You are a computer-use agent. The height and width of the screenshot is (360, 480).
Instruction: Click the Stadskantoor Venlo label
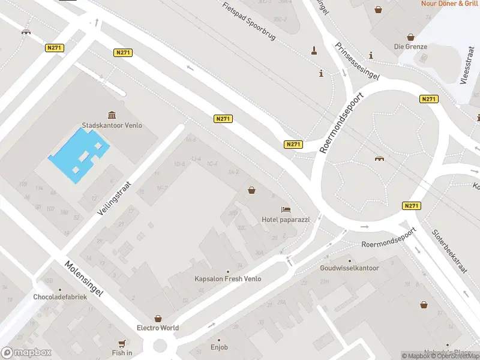pyautogui.click(x=112, y=126)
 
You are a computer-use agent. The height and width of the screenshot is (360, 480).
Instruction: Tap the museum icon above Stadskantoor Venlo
pyautogui.click(x=112, y=115)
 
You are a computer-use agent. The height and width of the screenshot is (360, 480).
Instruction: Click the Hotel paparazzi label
pyautogui.click(x=286, y=220)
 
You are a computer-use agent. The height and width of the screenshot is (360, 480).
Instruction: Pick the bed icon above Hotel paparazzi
pyautogui.click(x=286, y=209)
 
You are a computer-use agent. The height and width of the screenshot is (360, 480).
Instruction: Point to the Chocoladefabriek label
pyautogui.click(x=60, y=296)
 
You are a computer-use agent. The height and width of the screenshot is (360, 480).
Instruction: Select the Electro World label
pyautogui.click(x=158, y=328)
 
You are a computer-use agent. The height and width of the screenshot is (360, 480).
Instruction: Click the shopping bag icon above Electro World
pyautogui.click(x=158, y=318)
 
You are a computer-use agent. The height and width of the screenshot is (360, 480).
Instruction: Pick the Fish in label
pyautogui.click(x=122, y=353)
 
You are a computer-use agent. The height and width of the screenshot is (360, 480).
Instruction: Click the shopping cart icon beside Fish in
pyautogui.click(x=122, y=343)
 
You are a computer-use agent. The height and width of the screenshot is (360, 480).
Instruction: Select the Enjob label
pyautogui.click(x=219, y=347)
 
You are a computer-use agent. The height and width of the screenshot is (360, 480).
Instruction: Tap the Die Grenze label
pyautogui.click(x=410, y=46)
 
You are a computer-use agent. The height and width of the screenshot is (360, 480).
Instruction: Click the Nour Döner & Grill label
pyautogui.click(x=449, y=4)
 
